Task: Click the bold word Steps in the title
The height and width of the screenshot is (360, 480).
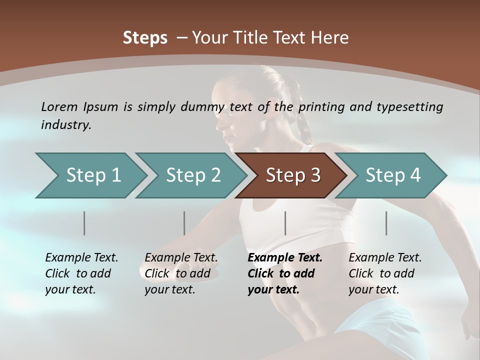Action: [x=145, y=38]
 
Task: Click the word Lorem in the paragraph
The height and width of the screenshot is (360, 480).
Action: [x=59, y=106]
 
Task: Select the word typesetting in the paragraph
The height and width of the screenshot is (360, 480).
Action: [x=409, y=106]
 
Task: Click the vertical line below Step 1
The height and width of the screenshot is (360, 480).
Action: [x=84, y=223]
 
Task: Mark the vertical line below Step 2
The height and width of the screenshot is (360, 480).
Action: [x=184, y=223]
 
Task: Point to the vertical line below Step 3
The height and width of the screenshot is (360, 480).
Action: [x=285, y=223]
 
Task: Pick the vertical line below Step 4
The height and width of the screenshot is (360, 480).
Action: [x=386, y=223]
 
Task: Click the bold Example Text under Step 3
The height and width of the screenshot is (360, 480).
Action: [x=285, y=258]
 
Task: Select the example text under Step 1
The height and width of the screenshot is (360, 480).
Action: [x=81, y=273]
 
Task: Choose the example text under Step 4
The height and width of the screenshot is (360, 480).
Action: [x=385, y=273]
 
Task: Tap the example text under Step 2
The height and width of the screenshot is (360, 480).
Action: [x=181, y=273]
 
